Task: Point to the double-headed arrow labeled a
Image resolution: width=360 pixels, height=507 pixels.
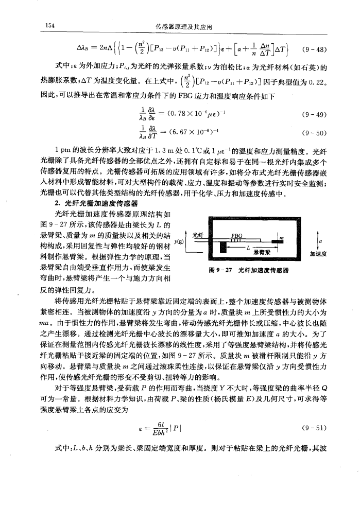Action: tap(319, 239)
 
